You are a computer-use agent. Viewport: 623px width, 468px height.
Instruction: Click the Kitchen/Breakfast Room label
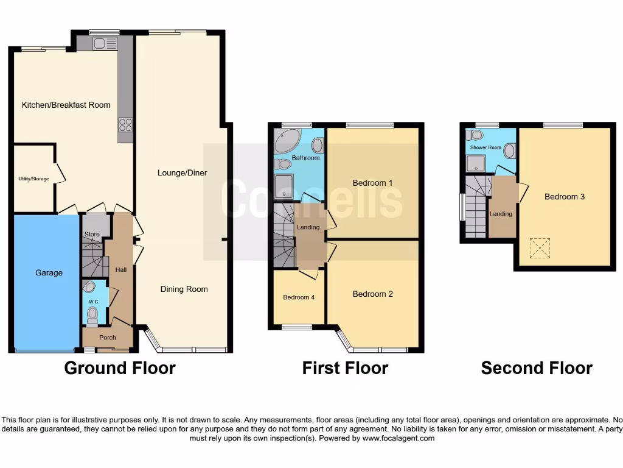[x=66, y=105]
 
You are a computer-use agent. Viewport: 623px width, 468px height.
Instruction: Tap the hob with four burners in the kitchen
[x=125, y=124]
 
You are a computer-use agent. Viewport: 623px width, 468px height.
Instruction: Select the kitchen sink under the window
[x=105, y=43]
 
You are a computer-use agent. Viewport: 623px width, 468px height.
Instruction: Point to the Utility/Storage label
[x=33, y=179]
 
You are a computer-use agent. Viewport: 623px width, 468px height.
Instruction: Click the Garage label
[x=49, y=272]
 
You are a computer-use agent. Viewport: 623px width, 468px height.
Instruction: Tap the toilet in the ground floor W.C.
[x=92, y=315]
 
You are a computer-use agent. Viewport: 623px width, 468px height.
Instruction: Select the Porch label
[x=108, y=338]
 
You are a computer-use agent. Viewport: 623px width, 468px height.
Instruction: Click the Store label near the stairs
[x=92, y=234]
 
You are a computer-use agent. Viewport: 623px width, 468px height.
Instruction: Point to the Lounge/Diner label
[x=183, y=172]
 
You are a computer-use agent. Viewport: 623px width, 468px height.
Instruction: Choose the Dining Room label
[x=184, y=289]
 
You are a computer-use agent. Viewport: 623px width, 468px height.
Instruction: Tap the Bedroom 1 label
[x=372, y=183]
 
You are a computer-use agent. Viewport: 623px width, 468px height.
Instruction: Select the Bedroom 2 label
[x=372, y=294]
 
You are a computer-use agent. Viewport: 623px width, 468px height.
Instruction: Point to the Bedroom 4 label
[x=298, y=297]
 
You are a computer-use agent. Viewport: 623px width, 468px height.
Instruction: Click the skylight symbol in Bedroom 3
[x=539, y=248]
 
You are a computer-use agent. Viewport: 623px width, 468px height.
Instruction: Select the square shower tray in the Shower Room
[x=476, y=163]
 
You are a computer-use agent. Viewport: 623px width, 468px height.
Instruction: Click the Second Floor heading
[x=536, y=368]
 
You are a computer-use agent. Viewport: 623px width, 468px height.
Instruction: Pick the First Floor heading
[x=345, y=368]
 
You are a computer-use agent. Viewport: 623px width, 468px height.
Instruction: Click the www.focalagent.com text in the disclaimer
[x=399, y=438]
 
